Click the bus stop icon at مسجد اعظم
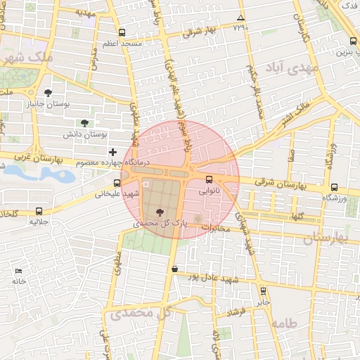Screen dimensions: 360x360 122,32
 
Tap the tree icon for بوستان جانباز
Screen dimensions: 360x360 48,93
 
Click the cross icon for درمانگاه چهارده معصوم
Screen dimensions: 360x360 112,152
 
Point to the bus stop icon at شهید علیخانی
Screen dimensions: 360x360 117,183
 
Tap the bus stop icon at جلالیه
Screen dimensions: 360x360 38,210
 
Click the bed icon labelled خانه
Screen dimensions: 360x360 18,271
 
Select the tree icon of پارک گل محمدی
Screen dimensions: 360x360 160,211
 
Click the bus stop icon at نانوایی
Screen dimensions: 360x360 208,179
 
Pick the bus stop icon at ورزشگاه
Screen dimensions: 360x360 333,188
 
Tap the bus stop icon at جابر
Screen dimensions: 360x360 262,290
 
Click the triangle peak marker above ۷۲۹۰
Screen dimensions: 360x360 241,18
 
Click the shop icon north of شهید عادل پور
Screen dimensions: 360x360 174,269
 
